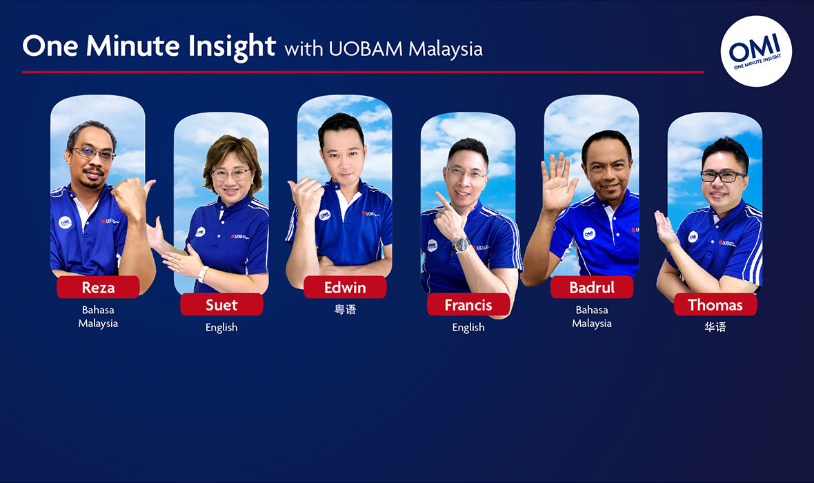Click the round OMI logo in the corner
[x=756, y=51]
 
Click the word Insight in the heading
[x=232, y=47]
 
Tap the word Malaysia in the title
[x=446, y=50]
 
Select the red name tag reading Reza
[x=98, y=287]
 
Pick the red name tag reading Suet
[x=221, y=304]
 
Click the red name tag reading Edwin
[x=345, y=287]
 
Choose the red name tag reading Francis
[x=468, y=304]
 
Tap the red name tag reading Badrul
[x=592, y=287]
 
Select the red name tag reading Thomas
[x=715, y=304]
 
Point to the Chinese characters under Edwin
[x=345, y=310]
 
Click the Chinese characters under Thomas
[x=715, y=326]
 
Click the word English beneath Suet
[x=221, y=327]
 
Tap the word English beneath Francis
[x=468, y=327]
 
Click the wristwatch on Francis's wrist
[x=460, y=245]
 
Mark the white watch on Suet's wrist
[x=202, y=274]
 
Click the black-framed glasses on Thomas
[x=722, y=176]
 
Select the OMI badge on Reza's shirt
[x=65, y=222]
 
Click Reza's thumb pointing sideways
[x=149, y=186]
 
